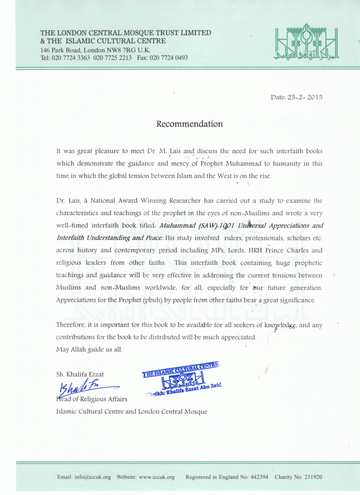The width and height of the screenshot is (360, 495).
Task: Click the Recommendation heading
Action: pyautogui.click(x=189, y=124)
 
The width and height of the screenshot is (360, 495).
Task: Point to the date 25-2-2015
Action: pyautogui.click(x=304, y=97)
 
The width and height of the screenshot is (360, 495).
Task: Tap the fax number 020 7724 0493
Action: pyautogui.click(x=168, y=58)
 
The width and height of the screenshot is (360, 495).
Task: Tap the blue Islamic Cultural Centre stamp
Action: pyautogui.click(x=182, y=379)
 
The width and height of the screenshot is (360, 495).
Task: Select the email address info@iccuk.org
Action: pyautogui.click(x=93, y=477)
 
